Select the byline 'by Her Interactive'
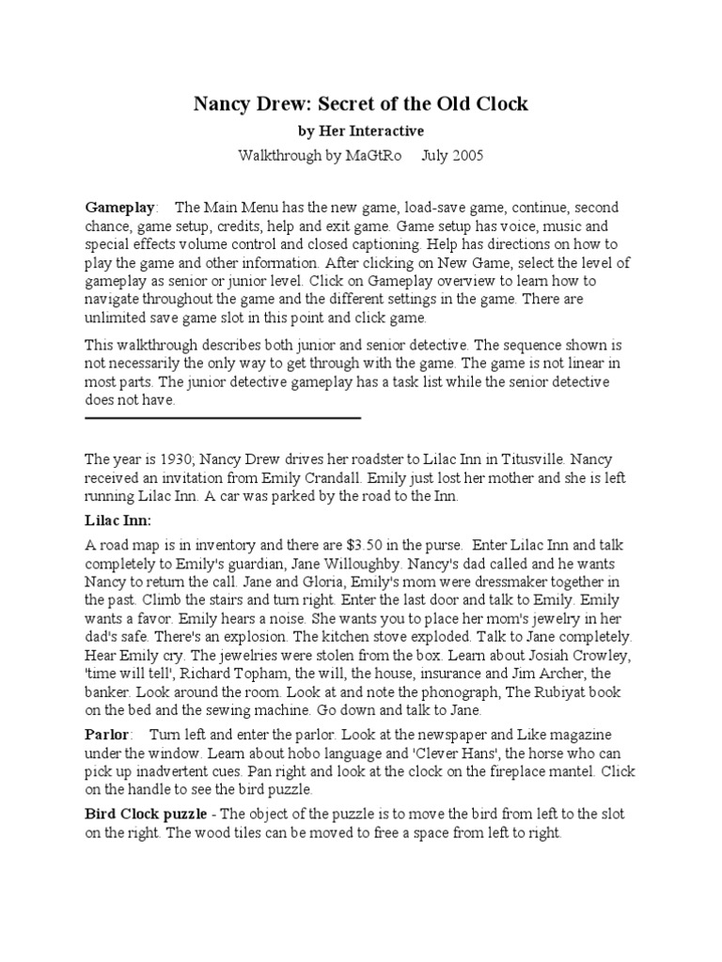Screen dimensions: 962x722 [361, 131]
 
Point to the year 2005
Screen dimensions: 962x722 [465, 155]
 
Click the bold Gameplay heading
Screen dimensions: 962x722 [120, 206]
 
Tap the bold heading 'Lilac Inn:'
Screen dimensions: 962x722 [118, 519]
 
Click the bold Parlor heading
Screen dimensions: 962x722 [108, 735]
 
